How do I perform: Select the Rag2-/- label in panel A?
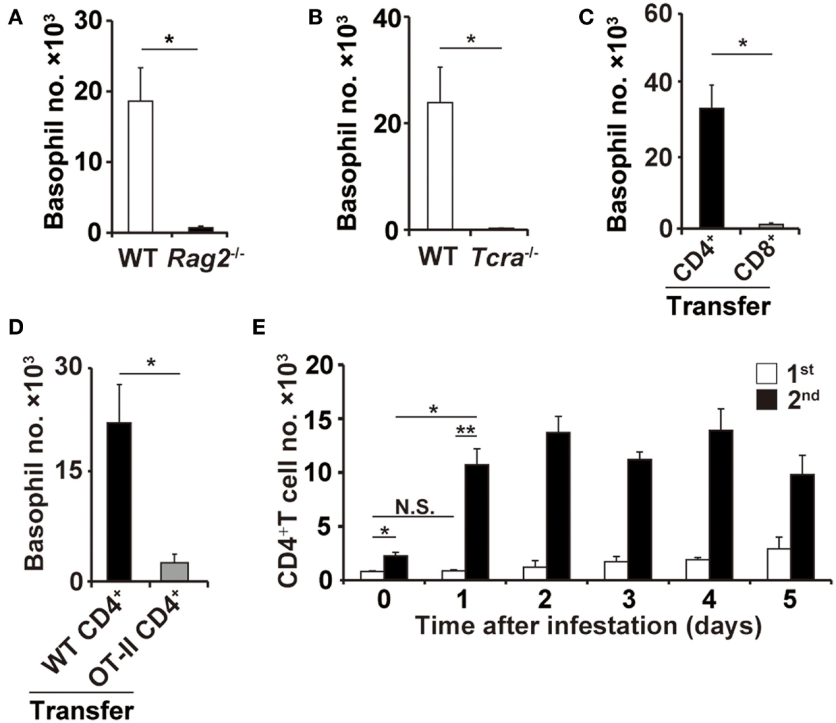(x=207, y=258)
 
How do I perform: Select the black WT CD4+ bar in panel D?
(x=118, y=502)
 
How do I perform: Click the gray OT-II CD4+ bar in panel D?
(x=175, y=571)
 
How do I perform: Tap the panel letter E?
(x=259, y=328)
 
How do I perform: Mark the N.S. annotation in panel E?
(x=413, y=507)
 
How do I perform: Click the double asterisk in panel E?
(x=465, y=430)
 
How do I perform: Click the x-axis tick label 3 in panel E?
(x=628, y=600)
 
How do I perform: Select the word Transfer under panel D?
(x=82, y=710)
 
